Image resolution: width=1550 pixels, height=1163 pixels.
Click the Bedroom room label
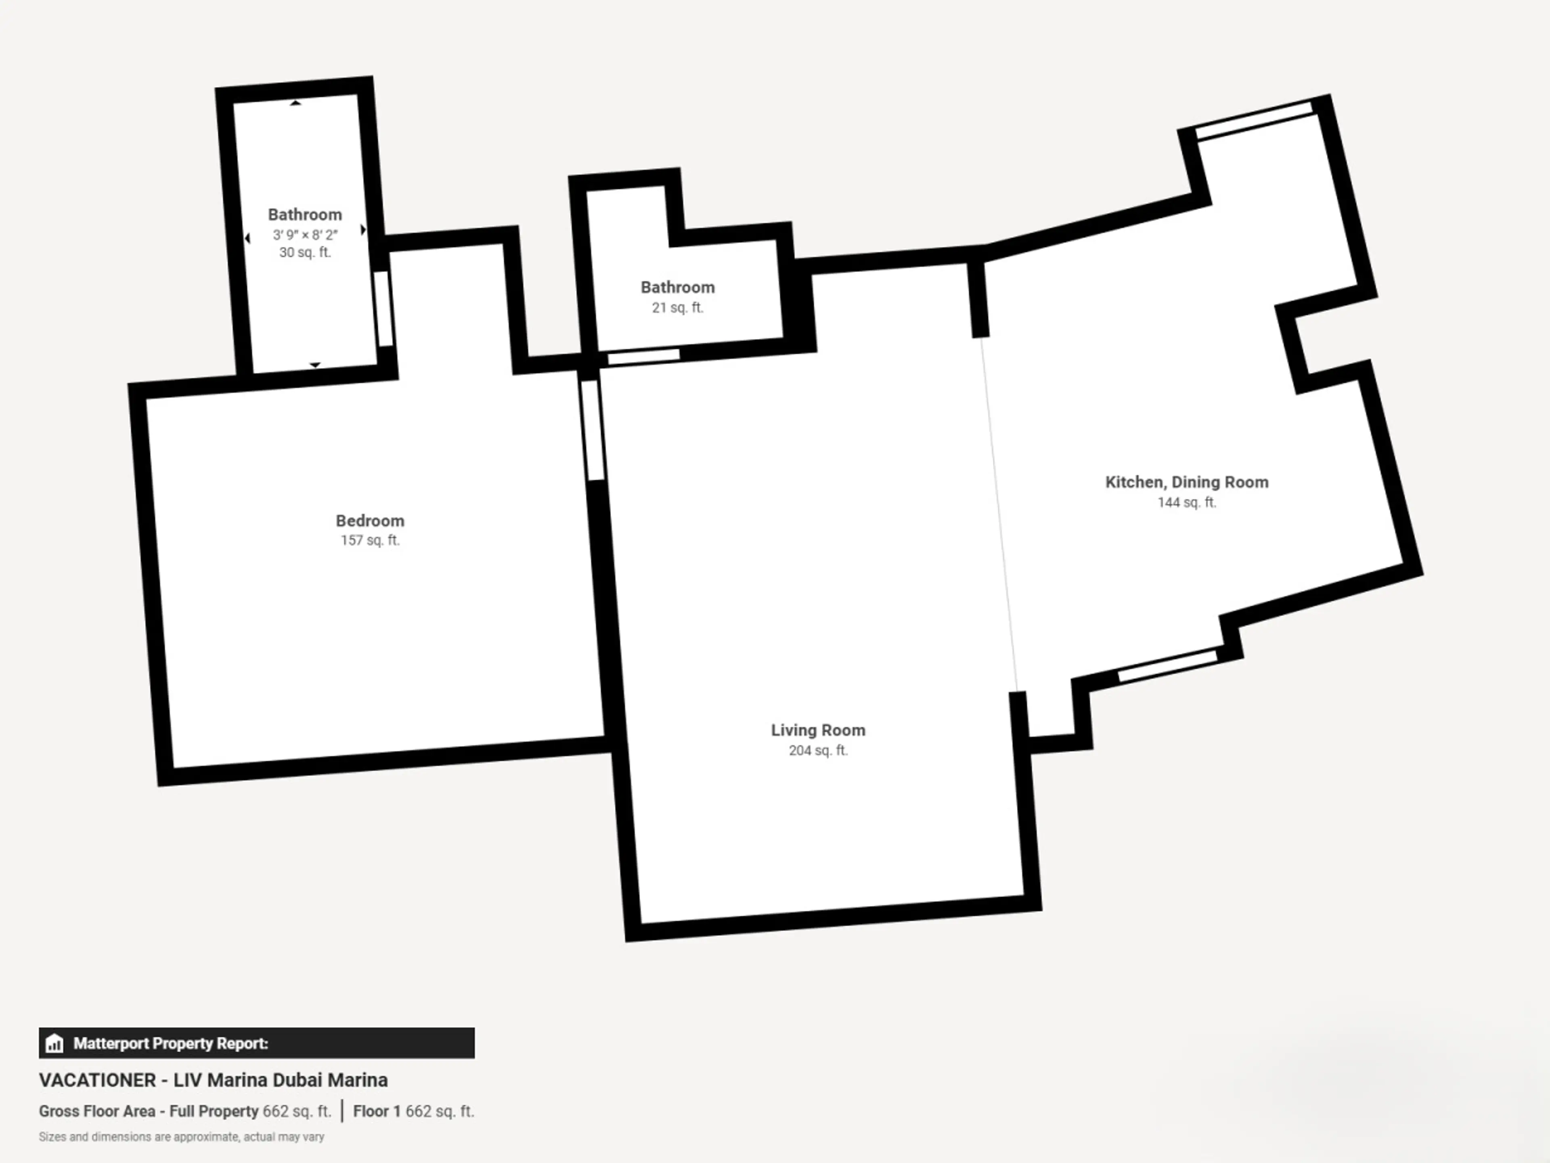tap(370, 521)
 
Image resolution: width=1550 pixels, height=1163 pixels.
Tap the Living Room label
tap(818, 731)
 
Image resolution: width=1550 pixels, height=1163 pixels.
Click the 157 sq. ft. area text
tap(370, 540)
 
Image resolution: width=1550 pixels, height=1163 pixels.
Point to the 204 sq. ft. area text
tap(818, 751)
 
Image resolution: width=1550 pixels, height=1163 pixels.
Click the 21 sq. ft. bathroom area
tap(678, 308)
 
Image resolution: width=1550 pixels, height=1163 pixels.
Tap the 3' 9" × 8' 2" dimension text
tap(305, 235)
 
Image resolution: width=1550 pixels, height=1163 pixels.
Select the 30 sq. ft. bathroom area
tap(305, 252)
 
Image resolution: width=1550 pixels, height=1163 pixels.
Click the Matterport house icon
tap(54, 1044)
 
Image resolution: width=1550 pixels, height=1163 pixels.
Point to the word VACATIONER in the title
tap(97, 1080)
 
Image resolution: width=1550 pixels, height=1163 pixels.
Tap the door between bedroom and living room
tap(592, 430)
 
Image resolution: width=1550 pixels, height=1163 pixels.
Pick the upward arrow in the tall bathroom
tap(296, 103)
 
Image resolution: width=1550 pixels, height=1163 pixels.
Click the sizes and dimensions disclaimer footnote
tap(182, 1136)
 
